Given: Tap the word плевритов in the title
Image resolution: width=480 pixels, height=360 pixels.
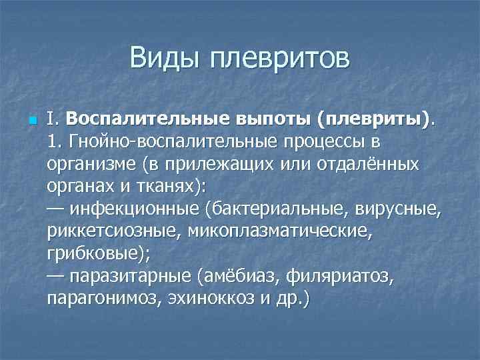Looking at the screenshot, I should click(279, 59).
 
